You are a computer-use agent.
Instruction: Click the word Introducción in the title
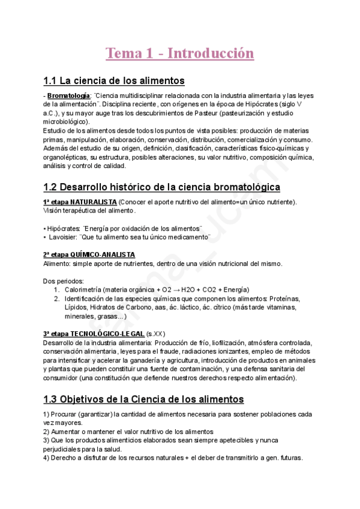pyautogui.click(x=211, y=53)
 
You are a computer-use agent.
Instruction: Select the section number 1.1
pyautogui.click(x=53, y=80)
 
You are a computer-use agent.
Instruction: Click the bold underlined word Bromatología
pyautogui.click(x=69, y=95)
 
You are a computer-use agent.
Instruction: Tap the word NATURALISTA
pyautogui.click(x=93, y=202)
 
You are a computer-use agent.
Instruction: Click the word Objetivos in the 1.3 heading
pyautogui.click(x=97, y=399)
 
